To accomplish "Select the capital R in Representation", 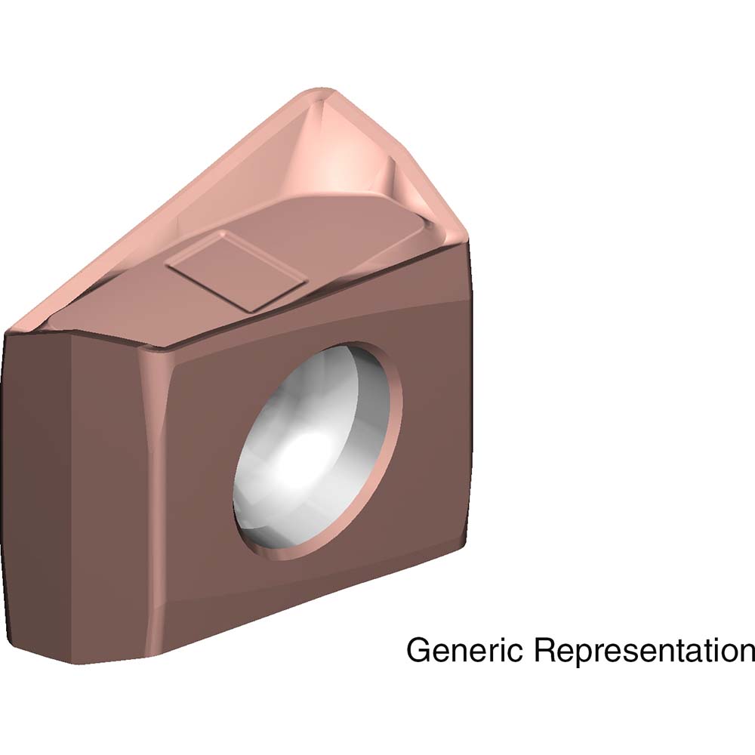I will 544,649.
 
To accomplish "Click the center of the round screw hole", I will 318,451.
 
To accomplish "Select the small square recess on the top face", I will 236,270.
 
